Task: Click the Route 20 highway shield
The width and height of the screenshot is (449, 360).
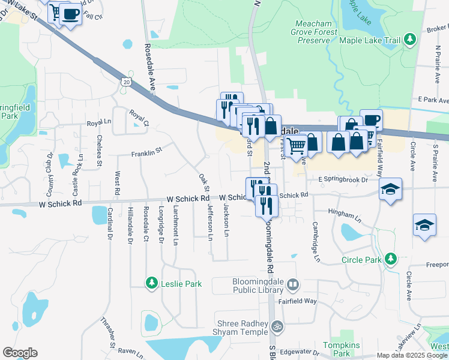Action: coord(125,82)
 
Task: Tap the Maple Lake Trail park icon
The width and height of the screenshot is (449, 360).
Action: coord(410,40)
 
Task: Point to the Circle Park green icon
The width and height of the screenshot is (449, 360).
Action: coord(391,259)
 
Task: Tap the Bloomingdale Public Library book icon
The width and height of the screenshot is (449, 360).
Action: coord(292,284)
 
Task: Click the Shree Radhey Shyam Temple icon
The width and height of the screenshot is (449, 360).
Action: coord(276,326)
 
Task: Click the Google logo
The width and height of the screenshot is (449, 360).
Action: coord(20,353)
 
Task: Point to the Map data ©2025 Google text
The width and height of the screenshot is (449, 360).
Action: coord(411,355)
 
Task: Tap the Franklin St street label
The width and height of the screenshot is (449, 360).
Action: coord(148,152)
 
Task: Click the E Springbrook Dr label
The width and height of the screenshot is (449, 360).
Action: coord(342,179)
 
